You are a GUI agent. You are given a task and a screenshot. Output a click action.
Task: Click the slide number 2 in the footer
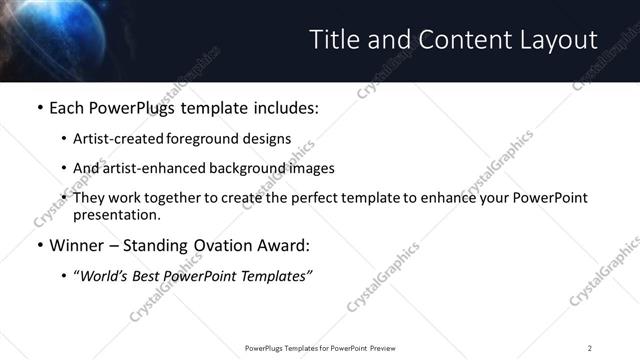589,348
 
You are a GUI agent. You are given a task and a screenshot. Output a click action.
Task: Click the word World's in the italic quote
109,275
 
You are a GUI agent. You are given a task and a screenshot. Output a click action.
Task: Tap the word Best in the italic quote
161,275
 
